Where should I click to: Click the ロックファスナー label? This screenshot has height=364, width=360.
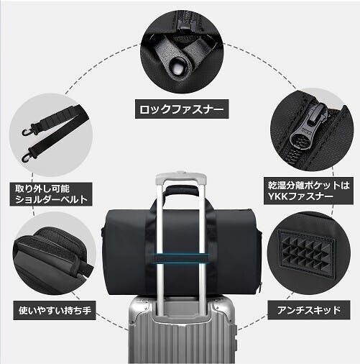pyautogui.click(x=182, y=109)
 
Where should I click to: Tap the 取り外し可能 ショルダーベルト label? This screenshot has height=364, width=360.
pyautogui.click(x=51, y=194)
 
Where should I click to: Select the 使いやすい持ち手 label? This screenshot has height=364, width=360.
pyautogui.click(x=55, y=311)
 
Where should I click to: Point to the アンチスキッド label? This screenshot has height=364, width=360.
pyautogui.click(x=309, y=310)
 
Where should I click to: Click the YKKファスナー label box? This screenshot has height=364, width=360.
pyautogui.click(x=308, y=191)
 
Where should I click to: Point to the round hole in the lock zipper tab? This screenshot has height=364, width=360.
pyautogui.click(x=177, y=68)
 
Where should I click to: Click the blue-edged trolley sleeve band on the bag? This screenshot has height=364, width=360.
pyautogui.click(x=181, y=258)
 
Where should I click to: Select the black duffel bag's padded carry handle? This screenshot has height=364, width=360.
pyautogui.click(x=181, y=191)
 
